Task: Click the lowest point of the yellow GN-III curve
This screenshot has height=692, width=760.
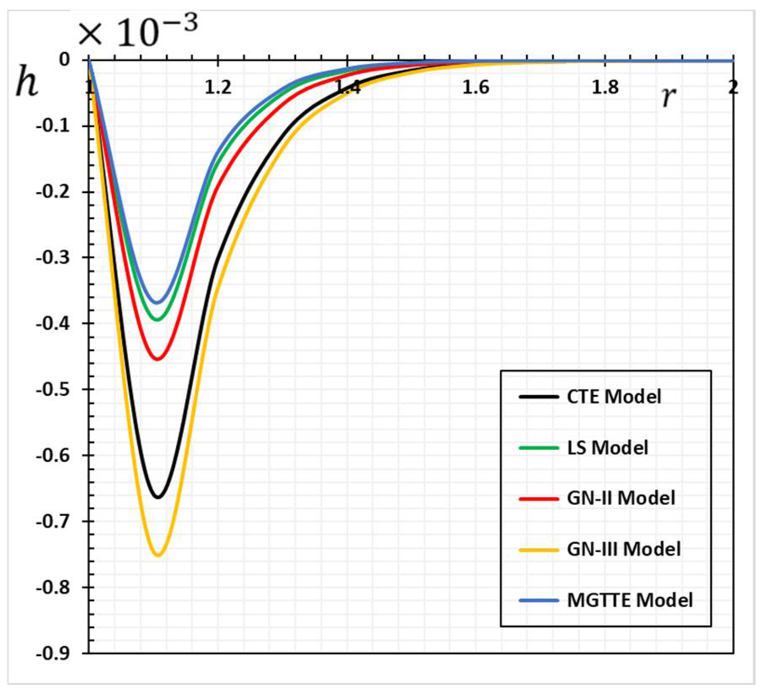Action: click(158, 555)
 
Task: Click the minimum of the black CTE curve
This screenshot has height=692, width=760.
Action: click(158, 497)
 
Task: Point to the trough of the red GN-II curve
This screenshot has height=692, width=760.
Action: click(158, 359)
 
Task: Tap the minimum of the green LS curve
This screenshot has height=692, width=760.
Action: click(157, 319)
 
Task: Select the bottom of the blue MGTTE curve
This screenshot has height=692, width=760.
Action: click(157, 302)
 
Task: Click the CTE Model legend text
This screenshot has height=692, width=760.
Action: click(613, 397)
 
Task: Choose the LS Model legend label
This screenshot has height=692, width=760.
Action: click(607, 448)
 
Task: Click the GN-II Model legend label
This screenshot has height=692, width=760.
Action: click(621, 498)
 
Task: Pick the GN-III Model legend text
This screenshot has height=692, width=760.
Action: click(624, 549)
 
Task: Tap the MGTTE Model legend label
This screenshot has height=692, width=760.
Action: click(629, 600)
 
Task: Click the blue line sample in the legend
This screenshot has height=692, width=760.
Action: click(539, 600)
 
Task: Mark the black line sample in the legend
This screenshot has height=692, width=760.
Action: click(539, 397)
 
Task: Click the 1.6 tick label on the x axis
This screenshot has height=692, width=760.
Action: click(476, 88)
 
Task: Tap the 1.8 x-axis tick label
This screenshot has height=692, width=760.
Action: click(605, 88)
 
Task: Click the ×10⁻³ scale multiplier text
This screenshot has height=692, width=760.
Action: click(138, 32)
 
